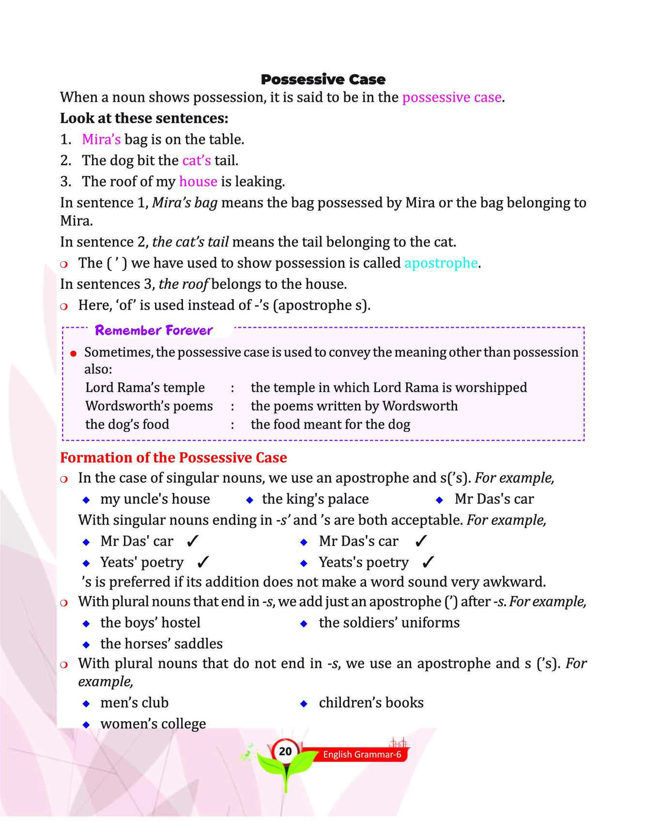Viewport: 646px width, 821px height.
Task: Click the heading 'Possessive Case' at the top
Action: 323,79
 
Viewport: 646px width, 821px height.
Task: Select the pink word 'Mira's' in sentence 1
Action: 101,140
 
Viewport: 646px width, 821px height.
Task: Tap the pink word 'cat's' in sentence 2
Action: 197,160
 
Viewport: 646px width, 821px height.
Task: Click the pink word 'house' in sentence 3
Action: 198,182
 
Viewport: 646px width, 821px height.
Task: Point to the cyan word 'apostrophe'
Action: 441,263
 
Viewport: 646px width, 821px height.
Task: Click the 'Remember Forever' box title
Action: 154,331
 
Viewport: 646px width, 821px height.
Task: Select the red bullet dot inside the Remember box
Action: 74,354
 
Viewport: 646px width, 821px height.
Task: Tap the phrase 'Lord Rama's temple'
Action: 145,388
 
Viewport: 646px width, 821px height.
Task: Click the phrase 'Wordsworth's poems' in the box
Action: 149,406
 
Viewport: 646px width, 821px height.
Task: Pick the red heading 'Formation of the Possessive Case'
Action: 173,458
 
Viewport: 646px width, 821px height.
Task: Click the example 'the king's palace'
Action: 315,499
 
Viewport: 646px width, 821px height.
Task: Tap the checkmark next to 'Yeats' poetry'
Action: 203,562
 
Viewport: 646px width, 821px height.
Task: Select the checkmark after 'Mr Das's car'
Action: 421,541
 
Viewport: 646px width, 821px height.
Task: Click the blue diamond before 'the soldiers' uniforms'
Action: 304,623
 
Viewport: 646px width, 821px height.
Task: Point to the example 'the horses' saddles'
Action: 161,644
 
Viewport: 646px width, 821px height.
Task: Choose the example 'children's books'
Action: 371,703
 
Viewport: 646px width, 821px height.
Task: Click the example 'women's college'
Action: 153,724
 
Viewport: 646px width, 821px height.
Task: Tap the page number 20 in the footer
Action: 285,751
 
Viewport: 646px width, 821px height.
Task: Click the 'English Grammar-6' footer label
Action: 362,755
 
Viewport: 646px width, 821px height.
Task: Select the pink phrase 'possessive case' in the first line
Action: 452,97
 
